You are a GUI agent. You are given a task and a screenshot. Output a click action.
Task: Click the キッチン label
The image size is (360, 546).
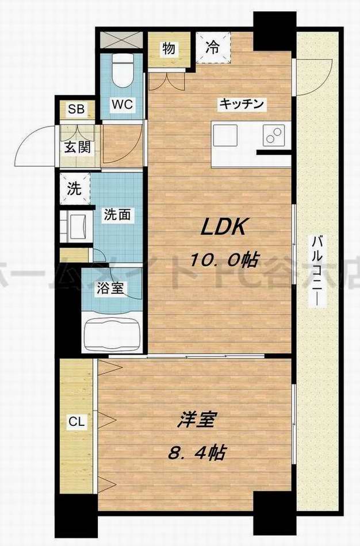click(x=240, y=104)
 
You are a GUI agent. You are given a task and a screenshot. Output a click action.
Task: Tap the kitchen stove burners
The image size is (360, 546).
click(x=271, y=135)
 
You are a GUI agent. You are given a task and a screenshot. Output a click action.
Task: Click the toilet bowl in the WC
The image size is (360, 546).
click(x=121, y=70)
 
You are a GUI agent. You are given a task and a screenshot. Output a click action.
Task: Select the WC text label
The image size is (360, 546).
click(x=122, y=105)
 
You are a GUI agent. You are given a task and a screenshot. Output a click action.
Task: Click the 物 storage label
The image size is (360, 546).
click(x=167, y=48)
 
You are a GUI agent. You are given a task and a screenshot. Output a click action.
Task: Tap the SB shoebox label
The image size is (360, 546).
click(x=75, y=110)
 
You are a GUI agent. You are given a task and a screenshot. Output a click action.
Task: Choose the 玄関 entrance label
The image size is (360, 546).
click(x=76, y=147)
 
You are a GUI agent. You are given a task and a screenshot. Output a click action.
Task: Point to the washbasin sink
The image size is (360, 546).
click(x=75, y=225)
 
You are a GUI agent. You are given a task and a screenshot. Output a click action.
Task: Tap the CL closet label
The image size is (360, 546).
click(x=76, y=422)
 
